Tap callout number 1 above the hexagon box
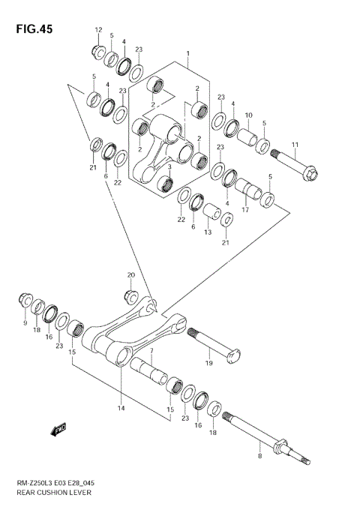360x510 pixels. pos(188,54)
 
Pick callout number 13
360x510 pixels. pos(208,232)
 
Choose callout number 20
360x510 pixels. pos(131,274)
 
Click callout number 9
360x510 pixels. pos(25,322)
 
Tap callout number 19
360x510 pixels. pos(209,363)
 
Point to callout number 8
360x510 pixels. pos(259,454)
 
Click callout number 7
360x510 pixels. pos(151,351)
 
